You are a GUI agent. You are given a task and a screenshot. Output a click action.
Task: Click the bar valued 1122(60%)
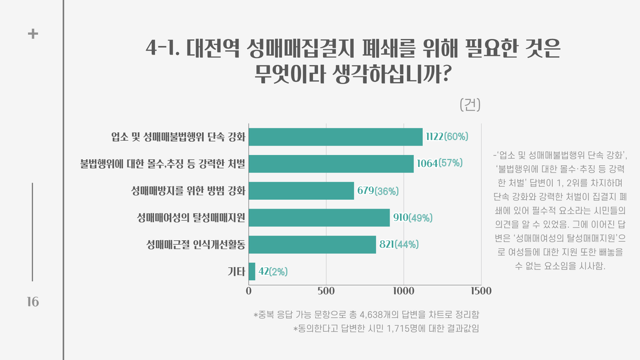tap(335, 137)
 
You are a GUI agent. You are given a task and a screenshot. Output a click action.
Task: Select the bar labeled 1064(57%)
tap(331, 164)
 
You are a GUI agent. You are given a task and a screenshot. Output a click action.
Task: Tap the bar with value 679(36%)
tap(301, 191)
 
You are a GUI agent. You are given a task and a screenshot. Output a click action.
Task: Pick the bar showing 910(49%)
tap(319, 218)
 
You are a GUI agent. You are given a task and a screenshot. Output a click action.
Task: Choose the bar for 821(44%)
tap(312, 245)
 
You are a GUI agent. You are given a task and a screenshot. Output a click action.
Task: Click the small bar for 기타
tap(252, 271)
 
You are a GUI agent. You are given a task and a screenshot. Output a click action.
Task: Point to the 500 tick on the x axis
tap(326, 291)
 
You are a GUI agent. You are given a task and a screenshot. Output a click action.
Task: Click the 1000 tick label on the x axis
tap(403, 291)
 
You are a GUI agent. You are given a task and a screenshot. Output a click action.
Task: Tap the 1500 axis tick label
tap(481, 291)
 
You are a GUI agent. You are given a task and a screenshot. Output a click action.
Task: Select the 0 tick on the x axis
tap(249, 291)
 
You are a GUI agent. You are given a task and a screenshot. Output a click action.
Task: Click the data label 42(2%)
tap(273, 272)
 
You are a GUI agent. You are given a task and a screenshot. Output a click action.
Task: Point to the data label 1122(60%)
tap(447, 137)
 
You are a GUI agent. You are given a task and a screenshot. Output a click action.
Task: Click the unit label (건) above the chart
tap(470, 105)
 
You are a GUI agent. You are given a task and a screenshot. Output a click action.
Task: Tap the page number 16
tap(33, 302)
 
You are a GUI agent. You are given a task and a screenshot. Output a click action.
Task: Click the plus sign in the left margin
tap(33, 34)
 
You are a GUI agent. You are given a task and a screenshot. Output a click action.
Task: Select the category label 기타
tap(236, 272)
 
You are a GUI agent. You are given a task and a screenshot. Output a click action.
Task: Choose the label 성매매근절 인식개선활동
tap(196, 245)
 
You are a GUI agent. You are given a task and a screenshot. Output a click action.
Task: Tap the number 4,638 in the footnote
tap(371, 315)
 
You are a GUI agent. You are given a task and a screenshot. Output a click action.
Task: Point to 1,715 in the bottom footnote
tap(398, 329)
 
